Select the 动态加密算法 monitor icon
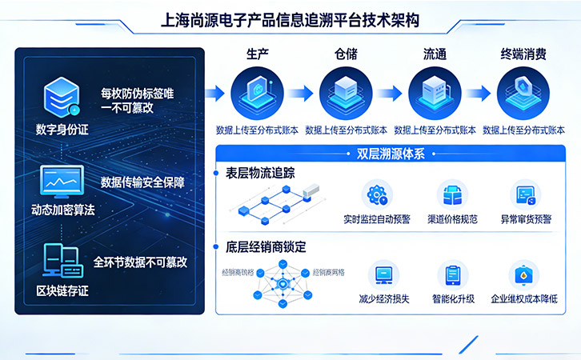pyautogui.click(x=62, y=183)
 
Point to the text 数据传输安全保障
pyautogui.click(x=142, y=182)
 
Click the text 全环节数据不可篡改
pyautogui.click(x=140, y=261)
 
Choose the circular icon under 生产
pyautogui.click(x=257, y=92)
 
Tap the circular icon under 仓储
pyautogui.click(x=346, y=92)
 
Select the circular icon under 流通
pyautogui.click(x=435, y=92)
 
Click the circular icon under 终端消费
pyautogui.click(x=523, y=92)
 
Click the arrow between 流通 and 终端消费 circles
pyautogui.click(x=479, y=93)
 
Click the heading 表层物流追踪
pyautogui.click(x=261, y=173)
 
